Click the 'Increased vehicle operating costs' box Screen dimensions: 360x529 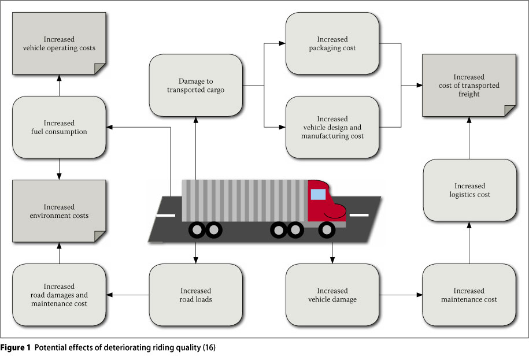[x=59, y=44]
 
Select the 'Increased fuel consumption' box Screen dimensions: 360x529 [x=59, y=127]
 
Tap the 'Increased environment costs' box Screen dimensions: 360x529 [x=59, y=211]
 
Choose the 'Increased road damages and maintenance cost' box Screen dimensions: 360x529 [x=59, y=295]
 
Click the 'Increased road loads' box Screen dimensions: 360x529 [x=195, y=295]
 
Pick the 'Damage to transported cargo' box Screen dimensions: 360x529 [x=195, y=86]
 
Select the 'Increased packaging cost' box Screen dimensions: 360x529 [x=332, y=44]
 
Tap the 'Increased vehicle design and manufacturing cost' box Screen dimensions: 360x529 [x=332, y=127]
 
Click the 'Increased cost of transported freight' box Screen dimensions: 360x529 [x=468, y=85]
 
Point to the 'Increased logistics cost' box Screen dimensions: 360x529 [x=469, y=190]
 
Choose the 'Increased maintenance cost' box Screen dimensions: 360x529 [x=469, y=295]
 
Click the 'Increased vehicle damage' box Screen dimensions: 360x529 [x=332, y=295]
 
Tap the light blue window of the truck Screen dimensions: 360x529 [x=317, y=194]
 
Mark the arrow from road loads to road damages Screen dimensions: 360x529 [x=127, y=295]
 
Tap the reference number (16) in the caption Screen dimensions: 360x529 [x=207, y=348]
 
